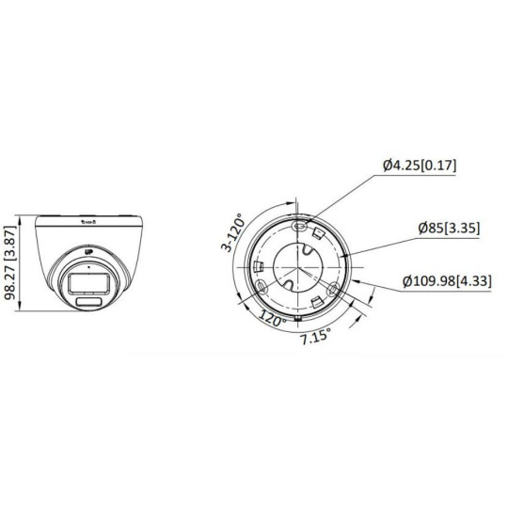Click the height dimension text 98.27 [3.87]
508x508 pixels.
click(11, 262)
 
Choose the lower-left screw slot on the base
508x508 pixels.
click(260, 286)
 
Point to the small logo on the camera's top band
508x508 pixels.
click(88, 222)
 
